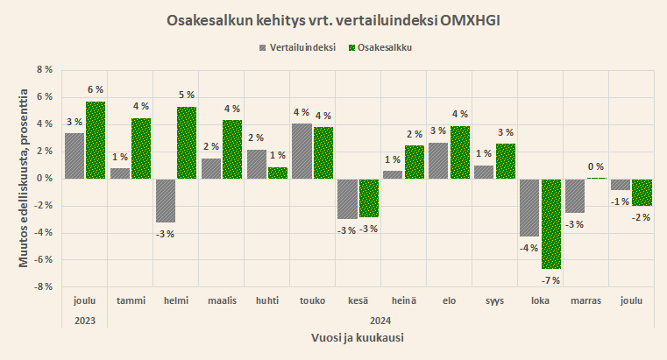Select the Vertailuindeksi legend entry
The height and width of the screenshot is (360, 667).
(x=297, y=47)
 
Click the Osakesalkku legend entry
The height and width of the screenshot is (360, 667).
(x=380, y=47)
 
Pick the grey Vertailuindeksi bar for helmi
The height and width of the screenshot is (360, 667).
(x=166, y=201)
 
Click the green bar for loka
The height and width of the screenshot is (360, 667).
(x=550, y=223)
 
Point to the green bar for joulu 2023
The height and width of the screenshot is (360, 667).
(x=96, y=140)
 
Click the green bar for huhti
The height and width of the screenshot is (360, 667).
(x=278, y=173)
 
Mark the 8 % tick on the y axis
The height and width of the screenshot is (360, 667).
(x=42, y=70)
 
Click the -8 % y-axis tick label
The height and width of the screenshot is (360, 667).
(x=40, y=286)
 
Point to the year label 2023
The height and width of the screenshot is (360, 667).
(x=85, y=320)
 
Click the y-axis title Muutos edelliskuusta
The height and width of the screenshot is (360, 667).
(x=24, y=179)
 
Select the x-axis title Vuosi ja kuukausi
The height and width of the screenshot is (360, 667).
(x=358, y=337)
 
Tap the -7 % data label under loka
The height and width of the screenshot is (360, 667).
(x=550, y=279)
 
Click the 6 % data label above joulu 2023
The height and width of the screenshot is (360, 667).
(x=96, y=89)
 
